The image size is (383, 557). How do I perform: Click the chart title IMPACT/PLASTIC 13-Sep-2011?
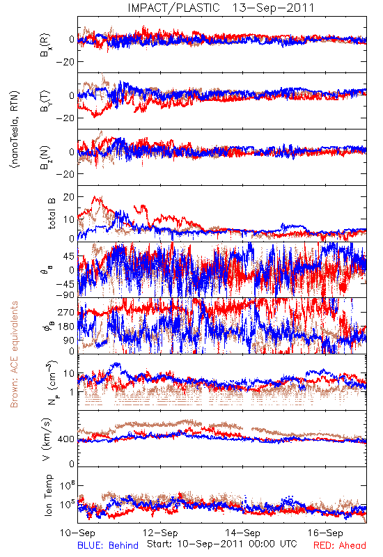[x=221, y=8]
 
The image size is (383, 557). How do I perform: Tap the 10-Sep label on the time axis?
[x=78, y=533]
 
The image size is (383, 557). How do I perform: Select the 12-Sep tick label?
[x=160, y=533]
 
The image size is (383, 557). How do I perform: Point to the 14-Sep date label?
[x=242, y=533]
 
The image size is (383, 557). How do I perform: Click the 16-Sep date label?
[x=325, y=533]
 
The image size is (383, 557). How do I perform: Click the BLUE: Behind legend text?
[x=108, y=545]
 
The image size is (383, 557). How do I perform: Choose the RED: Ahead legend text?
[x=340, y=545]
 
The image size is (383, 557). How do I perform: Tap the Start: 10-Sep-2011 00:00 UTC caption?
[x=222, y=544]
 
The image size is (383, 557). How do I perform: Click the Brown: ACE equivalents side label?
[x=14, y=354]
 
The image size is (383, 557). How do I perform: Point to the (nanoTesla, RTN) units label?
[x=15, y=129]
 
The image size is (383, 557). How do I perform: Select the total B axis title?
[x=52, y=214]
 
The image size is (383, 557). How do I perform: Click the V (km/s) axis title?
[x=47, y=439]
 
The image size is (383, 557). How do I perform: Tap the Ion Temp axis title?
[x=48, y=495]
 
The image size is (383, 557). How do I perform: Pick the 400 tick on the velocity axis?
[x=66, y=439]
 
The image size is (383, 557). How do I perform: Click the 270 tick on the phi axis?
[x=66, y=312]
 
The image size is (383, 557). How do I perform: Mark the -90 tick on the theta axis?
[x=65, y=295]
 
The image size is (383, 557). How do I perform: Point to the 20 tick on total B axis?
[x=69, y=197]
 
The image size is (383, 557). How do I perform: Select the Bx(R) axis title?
[x=45, y=45]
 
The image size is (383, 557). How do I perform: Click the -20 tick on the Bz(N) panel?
[x=65, y=174]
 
